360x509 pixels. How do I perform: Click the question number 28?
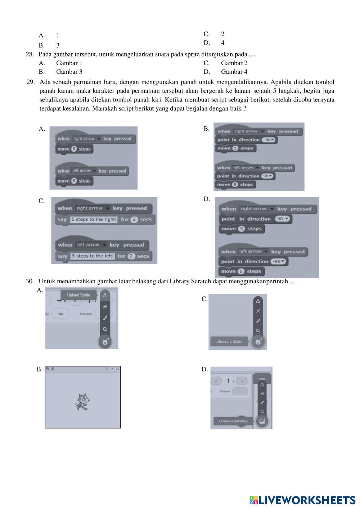pos(30,54)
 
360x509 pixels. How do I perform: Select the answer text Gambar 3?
pos(69,72)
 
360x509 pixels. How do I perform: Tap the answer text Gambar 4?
pos(234,72)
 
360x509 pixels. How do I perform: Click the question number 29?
pos(31,82)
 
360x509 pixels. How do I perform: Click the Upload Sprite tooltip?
pos(78,295)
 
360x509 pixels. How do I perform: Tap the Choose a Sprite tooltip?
pos(229,341)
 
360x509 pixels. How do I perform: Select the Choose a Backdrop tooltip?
pos(233,421)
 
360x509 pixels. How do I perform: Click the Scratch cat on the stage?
pos(82,402)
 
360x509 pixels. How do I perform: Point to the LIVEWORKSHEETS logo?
pos(302,500)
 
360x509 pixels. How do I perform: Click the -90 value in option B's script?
pos(269,140)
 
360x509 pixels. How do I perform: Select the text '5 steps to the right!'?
pos(94,219)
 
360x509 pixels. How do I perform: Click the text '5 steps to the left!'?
pos(92,256)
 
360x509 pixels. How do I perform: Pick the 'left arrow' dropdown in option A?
pos(84,171)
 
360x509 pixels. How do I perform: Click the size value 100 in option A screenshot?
pos(60,314)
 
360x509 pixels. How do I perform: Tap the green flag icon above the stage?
pos(48,369)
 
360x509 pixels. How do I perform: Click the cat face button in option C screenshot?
pos(258,342)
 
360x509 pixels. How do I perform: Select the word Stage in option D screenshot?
pos(262,379)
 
